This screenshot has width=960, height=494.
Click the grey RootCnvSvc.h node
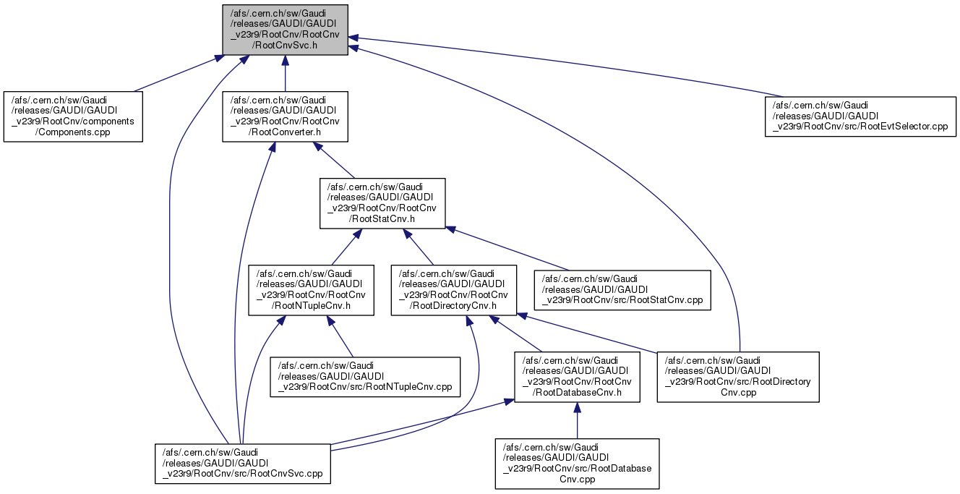click(x=285, y=30)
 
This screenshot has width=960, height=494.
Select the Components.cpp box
click(x=73, y=116)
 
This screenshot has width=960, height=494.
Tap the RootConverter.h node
click(x=285, y=116)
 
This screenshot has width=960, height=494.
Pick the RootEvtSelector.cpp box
click(x=861, y=117)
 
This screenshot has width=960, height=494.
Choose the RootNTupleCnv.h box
click(x=311, y=290)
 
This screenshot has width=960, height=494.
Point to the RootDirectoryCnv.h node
click(x=454, y=290)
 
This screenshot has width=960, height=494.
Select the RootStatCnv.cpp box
click(x=622, y=290)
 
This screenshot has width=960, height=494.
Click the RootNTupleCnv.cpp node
click(x=365, y=376)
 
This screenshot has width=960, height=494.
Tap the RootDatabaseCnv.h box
click(x=576, y=376)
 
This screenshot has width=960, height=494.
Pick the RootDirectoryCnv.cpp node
click(x=737, y=376)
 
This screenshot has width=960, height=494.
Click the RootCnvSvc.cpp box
click(x=242, y=463)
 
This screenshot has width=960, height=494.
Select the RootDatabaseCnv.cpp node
click(x=577, y=463)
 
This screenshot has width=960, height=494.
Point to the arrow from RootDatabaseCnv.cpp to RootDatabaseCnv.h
click(x=577, y=420)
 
